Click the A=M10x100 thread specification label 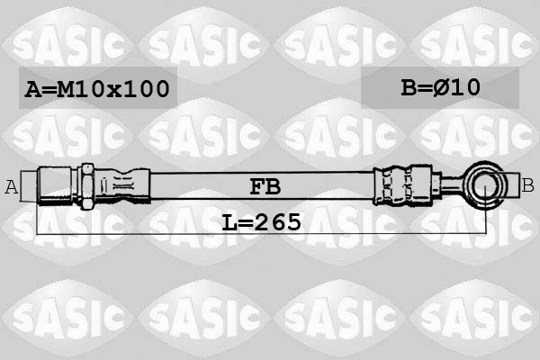click(x=97, y=88)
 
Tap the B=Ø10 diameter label click(x=440, y=87)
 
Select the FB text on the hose click(x=265, y=186)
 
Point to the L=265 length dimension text click(x=261, y=220)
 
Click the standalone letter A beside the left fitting click(x=12, y=187)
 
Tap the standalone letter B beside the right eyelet click(x=527, y=186)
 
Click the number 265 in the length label click(x=278, y=220)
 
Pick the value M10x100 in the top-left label click(x=112, y=88)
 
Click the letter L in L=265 click(x=229, y=220)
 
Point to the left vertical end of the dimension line click(x=37, y=216)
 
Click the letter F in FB click(x=256, y=186)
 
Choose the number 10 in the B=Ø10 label click(x=470, y=87)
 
